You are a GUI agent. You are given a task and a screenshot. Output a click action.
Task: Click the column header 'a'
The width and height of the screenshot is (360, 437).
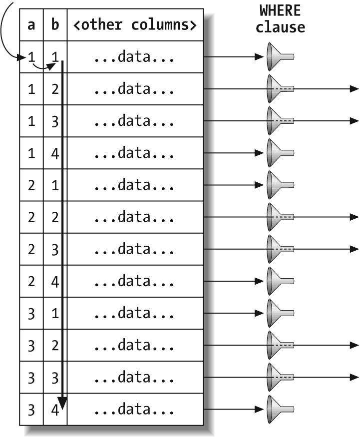click(31, 25)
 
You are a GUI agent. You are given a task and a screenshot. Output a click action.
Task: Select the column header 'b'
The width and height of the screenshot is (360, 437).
click(55, 25)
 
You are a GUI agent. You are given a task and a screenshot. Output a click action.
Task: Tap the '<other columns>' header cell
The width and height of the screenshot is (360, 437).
click(135, 25)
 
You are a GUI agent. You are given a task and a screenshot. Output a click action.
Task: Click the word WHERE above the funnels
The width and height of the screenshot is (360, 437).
click(280, 11)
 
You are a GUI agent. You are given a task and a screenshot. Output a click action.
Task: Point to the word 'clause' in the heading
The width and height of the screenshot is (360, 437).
click(280, 27)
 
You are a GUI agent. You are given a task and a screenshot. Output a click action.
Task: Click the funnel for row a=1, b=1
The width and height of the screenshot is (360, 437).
click(280, 57)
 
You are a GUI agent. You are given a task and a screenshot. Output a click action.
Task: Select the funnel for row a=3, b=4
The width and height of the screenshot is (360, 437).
click(280, 409)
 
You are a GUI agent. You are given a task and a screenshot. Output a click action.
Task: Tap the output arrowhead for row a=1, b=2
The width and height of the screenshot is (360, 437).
click(354, 89)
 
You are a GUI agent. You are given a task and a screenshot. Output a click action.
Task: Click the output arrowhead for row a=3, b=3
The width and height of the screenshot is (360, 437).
click(354, 377)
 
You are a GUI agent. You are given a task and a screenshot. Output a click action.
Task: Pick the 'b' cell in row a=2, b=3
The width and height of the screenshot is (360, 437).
click(55, 249)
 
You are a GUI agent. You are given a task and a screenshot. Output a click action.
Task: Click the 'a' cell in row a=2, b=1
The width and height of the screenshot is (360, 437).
click(31, 185)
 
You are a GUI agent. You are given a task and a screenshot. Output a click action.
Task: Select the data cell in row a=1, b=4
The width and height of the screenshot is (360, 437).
click(135, 153)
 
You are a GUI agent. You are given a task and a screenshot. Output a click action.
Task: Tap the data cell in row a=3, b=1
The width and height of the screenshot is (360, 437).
click(135, 313)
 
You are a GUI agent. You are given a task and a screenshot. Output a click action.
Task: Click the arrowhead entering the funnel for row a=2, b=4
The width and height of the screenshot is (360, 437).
click(259, 281)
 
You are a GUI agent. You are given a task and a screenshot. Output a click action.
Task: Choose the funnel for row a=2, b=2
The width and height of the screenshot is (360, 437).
click(280, 217)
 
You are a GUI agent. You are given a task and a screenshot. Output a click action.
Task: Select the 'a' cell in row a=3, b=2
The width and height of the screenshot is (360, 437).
click(31, 345)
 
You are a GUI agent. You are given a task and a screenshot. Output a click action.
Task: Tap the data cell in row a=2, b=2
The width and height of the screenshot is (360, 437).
click(135, 217)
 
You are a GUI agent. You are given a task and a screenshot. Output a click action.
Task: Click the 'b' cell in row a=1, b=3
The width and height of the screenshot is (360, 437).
click(55, 121)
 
